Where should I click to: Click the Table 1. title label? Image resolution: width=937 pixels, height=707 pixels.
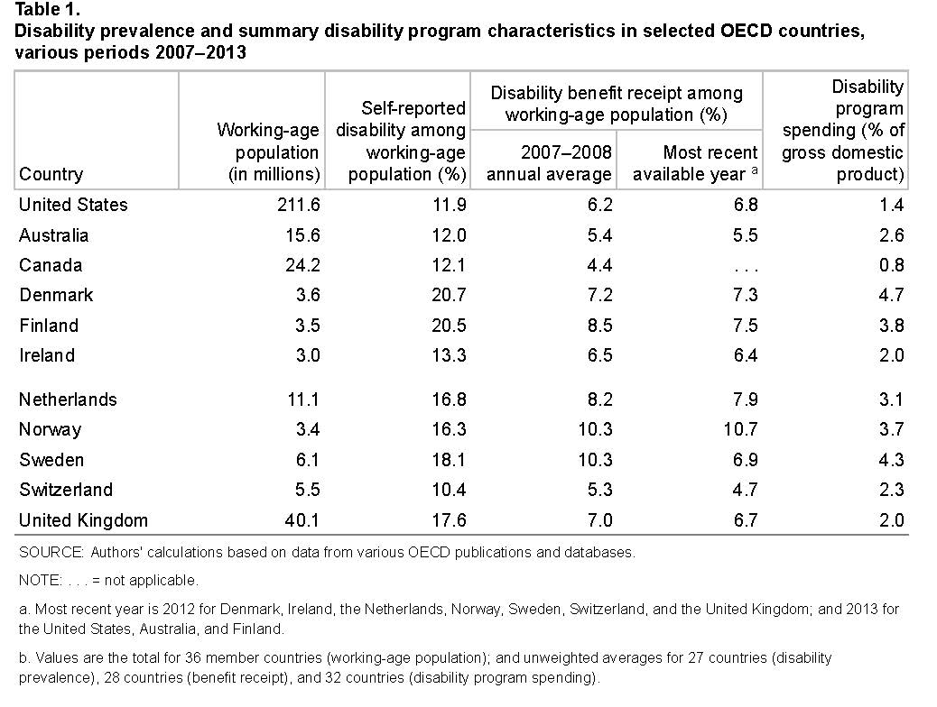tap(46, 11)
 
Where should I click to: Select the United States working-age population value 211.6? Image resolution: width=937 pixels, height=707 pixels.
tap(298, 205)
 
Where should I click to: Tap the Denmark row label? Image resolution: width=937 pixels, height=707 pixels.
tap(56, 295)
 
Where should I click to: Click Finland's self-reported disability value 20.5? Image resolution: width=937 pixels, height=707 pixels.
tap(448, 326)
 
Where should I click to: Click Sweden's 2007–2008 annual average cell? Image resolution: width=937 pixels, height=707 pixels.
tap(594, 460)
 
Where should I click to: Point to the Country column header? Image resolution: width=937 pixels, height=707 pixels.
tap(51, 174)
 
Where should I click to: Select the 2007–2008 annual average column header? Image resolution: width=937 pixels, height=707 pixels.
tap(549, 163)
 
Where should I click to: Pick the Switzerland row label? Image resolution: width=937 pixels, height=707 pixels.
tap(66, 490)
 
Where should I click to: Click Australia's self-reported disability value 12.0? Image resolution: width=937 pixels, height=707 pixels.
tap(448, 235)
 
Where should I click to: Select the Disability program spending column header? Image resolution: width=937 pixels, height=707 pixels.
tap(842, 131)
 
